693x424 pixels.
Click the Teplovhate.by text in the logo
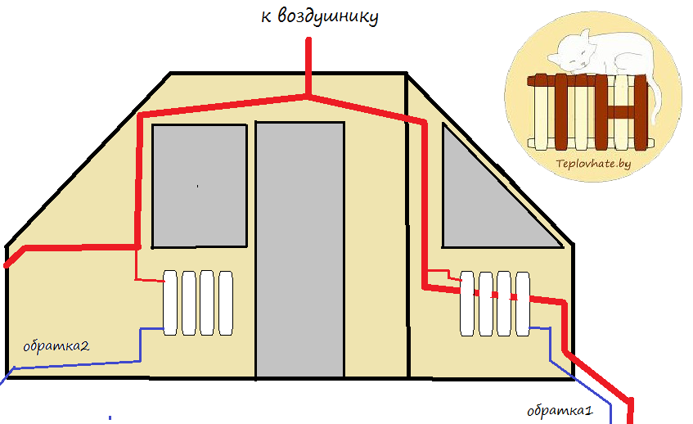(593, 164)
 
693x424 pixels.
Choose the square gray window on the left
(200, 185)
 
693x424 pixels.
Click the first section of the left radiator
(170, 302)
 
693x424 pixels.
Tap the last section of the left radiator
(226, 302)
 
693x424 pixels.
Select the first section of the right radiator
(468, 303)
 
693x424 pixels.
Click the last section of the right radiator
(523, 303)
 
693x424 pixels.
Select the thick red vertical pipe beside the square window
(140, 180)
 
